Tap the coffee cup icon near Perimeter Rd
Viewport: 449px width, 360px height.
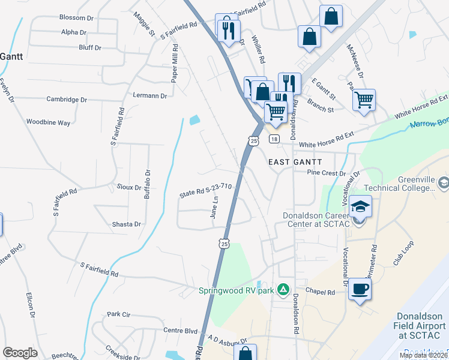pos(360,289)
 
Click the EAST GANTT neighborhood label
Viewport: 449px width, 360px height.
pos(295,162)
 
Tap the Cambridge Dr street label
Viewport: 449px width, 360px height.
pos(67,100)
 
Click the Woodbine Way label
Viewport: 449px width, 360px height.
pos(49,122)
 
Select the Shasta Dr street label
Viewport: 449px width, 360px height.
pos(126,224)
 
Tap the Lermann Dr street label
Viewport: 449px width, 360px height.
pos(150,95)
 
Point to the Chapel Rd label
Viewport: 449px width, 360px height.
pos(319,292)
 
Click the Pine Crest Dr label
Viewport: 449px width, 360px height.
pos(327,173)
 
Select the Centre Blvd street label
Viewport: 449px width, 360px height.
pos(181,331)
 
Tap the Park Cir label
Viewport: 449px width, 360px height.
pos(118,314)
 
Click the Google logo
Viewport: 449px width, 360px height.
pos(20,353)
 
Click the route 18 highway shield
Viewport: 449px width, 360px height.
pos(274,139)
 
